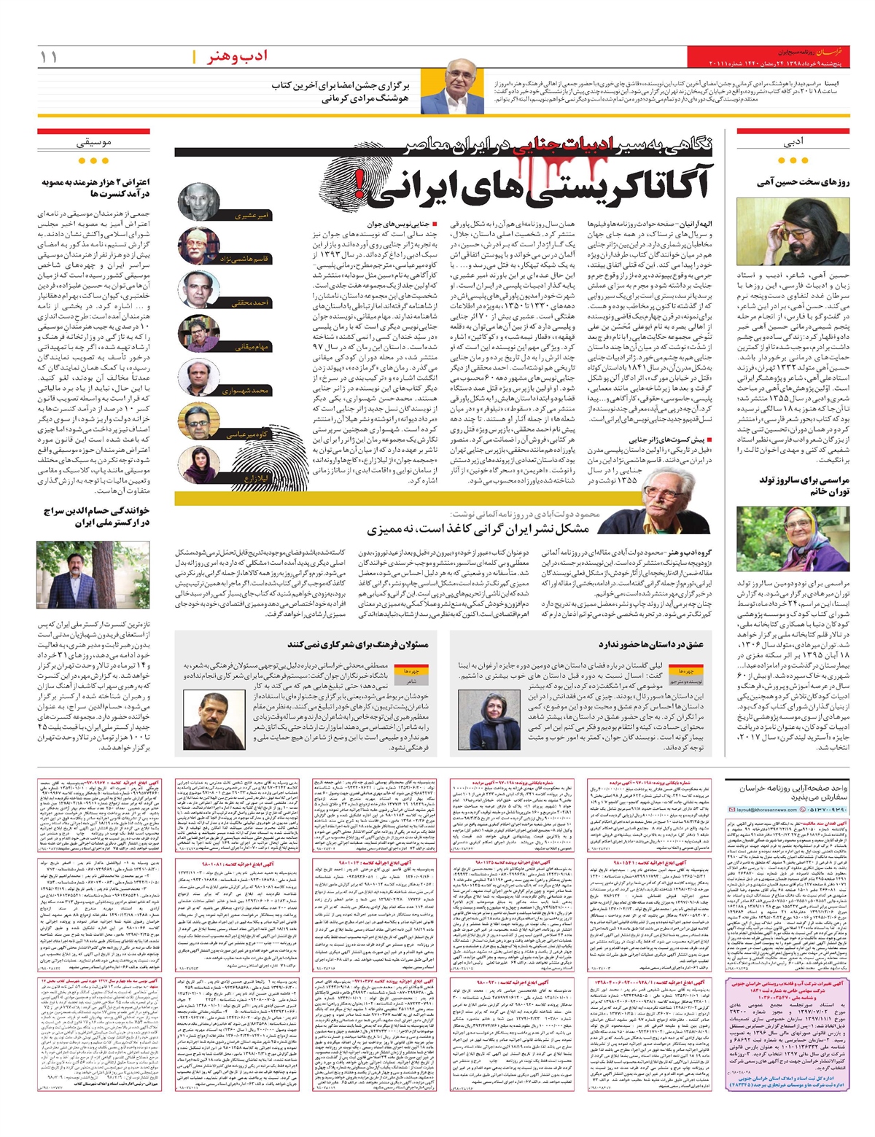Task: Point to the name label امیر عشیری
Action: point(251,216)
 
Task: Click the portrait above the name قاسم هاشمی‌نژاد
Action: point(198,243)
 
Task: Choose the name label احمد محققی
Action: point(252,302)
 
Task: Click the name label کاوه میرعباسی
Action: point(248,434)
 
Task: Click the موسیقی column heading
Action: point(93,144)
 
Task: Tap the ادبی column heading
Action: point(793,144)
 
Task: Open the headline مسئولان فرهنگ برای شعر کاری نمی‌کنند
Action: point(357,644)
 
